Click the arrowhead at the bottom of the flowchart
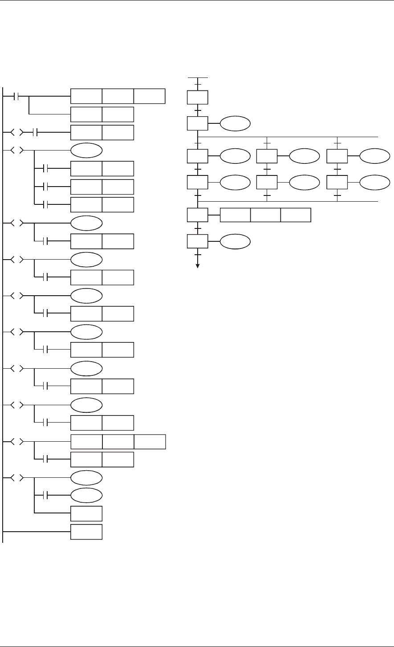(198, 266)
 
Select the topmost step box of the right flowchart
(198, 98)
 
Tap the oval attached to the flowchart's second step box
(236, 124)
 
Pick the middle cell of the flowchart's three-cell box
(265, 215)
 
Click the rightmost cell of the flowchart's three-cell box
(296, 215)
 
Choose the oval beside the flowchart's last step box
(236, 241)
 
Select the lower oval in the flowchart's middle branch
(305, 182)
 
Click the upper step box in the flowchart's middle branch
(267, 156)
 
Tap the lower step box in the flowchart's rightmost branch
(337, 182)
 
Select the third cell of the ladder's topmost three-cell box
(149, 96)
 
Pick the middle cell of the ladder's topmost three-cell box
(118, 96)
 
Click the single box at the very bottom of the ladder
(86, 533)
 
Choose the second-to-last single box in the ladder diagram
(86, 513)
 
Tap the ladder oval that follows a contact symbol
(86, 495)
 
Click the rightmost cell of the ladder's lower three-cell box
(150, 441)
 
